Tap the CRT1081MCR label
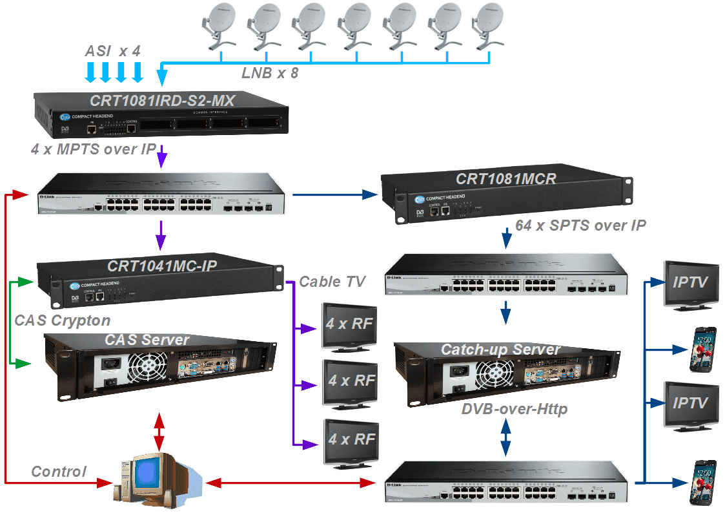505,179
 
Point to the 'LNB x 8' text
270,73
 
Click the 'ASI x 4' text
114,51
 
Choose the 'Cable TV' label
332,282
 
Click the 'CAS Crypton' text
62,320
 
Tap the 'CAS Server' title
147,340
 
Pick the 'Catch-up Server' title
500,350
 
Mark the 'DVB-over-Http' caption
515,410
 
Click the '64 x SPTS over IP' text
581,225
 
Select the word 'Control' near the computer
59,472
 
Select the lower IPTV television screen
689,404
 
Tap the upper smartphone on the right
703,349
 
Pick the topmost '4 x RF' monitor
349,323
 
